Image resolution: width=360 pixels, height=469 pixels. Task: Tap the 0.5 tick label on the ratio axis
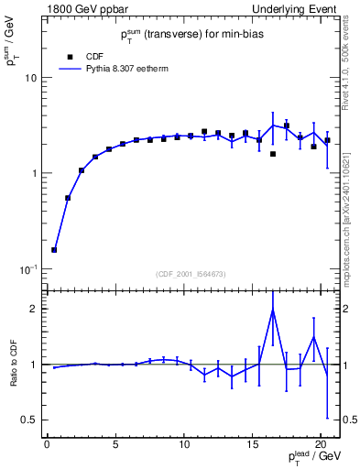[x=30, y=420]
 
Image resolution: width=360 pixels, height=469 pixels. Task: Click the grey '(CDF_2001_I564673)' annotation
[x=191, y=274]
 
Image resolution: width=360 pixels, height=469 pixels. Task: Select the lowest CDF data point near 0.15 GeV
[x=54, y=249]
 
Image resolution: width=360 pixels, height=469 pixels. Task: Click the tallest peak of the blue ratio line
[x=273, y=310]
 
